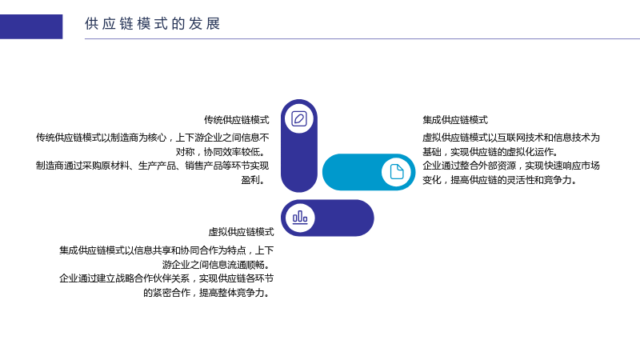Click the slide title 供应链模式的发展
click(x=153, y=24)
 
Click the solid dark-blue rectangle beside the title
click(x=31, y=26)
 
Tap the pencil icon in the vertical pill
click(x=299, y=118)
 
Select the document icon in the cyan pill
click(x=396, y=172)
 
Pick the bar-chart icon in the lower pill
click(x=300, y=218)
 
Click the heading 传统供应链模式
click(x=236, y=120)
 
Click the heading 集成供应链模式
click(x=455, y=120)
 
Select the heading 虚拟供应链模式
click(x=241, y=232)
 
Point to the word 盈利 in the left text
click(x=250, y=180)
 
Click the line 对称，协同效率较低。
click(x=222, y=152)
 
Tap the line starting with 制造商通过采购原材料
click(x=152, y=166)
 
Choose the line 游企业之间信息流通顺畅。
click(x=218, y=265)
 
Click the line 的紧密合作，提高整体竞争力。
click(x=208, y=293)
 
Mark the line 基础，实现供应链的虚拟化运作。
click(x=490, y=152)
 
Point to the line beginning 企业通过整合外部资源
click(x=511, y=166)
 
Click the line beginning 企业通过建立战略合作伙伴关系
click(x=166, y=278)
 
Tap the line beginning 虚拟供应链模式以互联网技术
click(x=511, y=138)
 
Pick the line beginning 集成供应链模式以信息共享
click(x=166, y=250)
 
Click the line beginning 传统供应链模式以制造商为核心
click(x=152, y=138)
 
